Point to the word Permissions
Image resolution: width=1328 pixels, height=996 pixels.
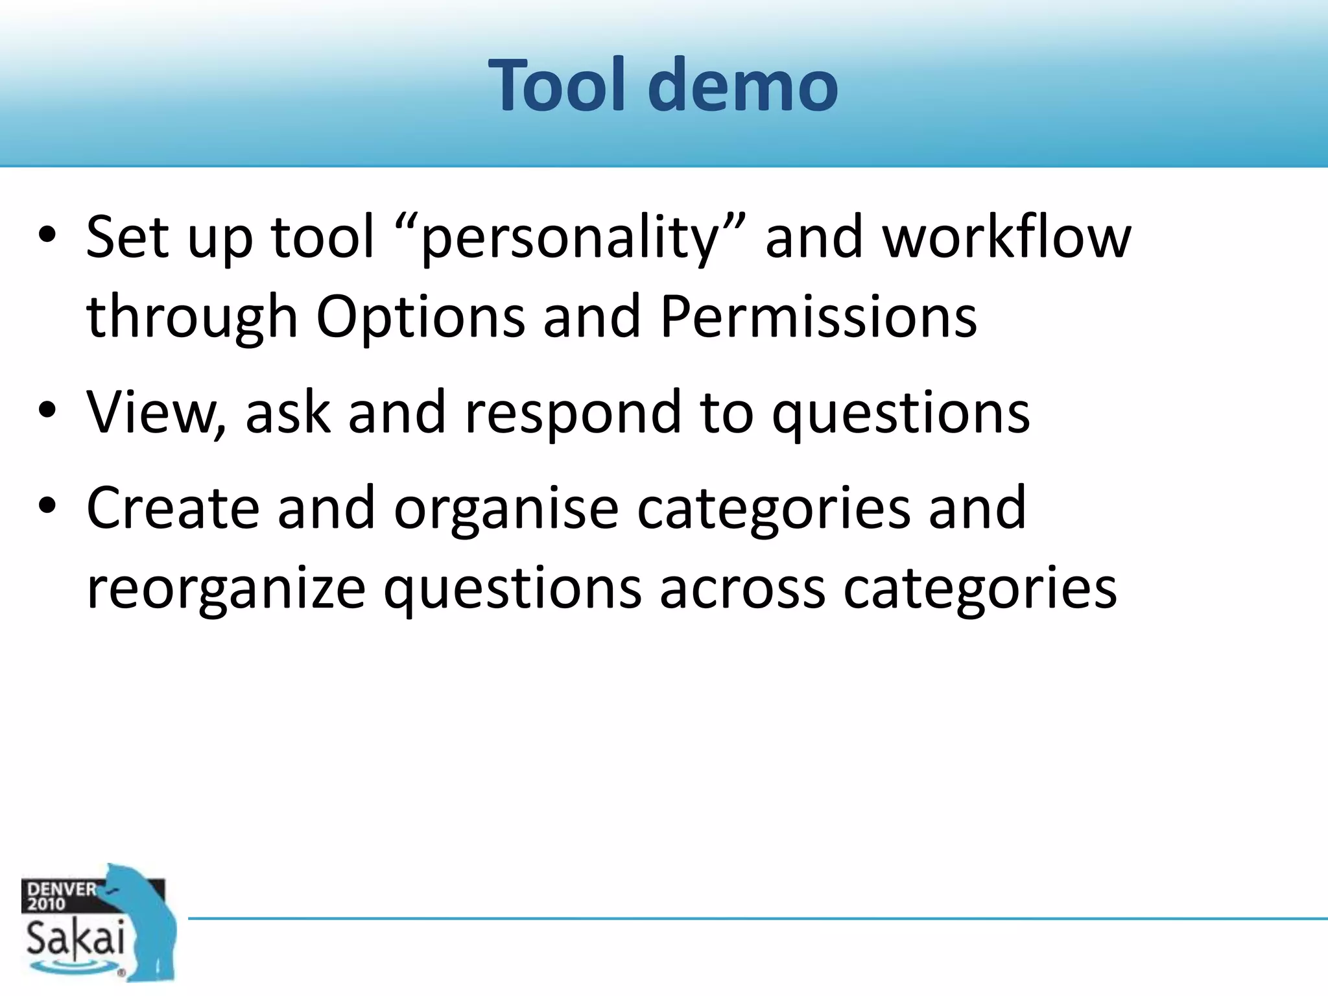point(818,316)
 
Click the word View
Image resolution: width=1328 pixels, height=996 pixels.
point(156,412)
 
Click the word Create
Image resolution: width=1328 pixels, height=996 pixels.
point(172,508)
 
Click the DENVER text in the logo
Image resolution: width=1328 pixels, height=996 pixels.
point(61,889)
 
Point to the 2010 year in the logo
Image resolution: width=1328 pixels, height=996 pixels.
point(45,904)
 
